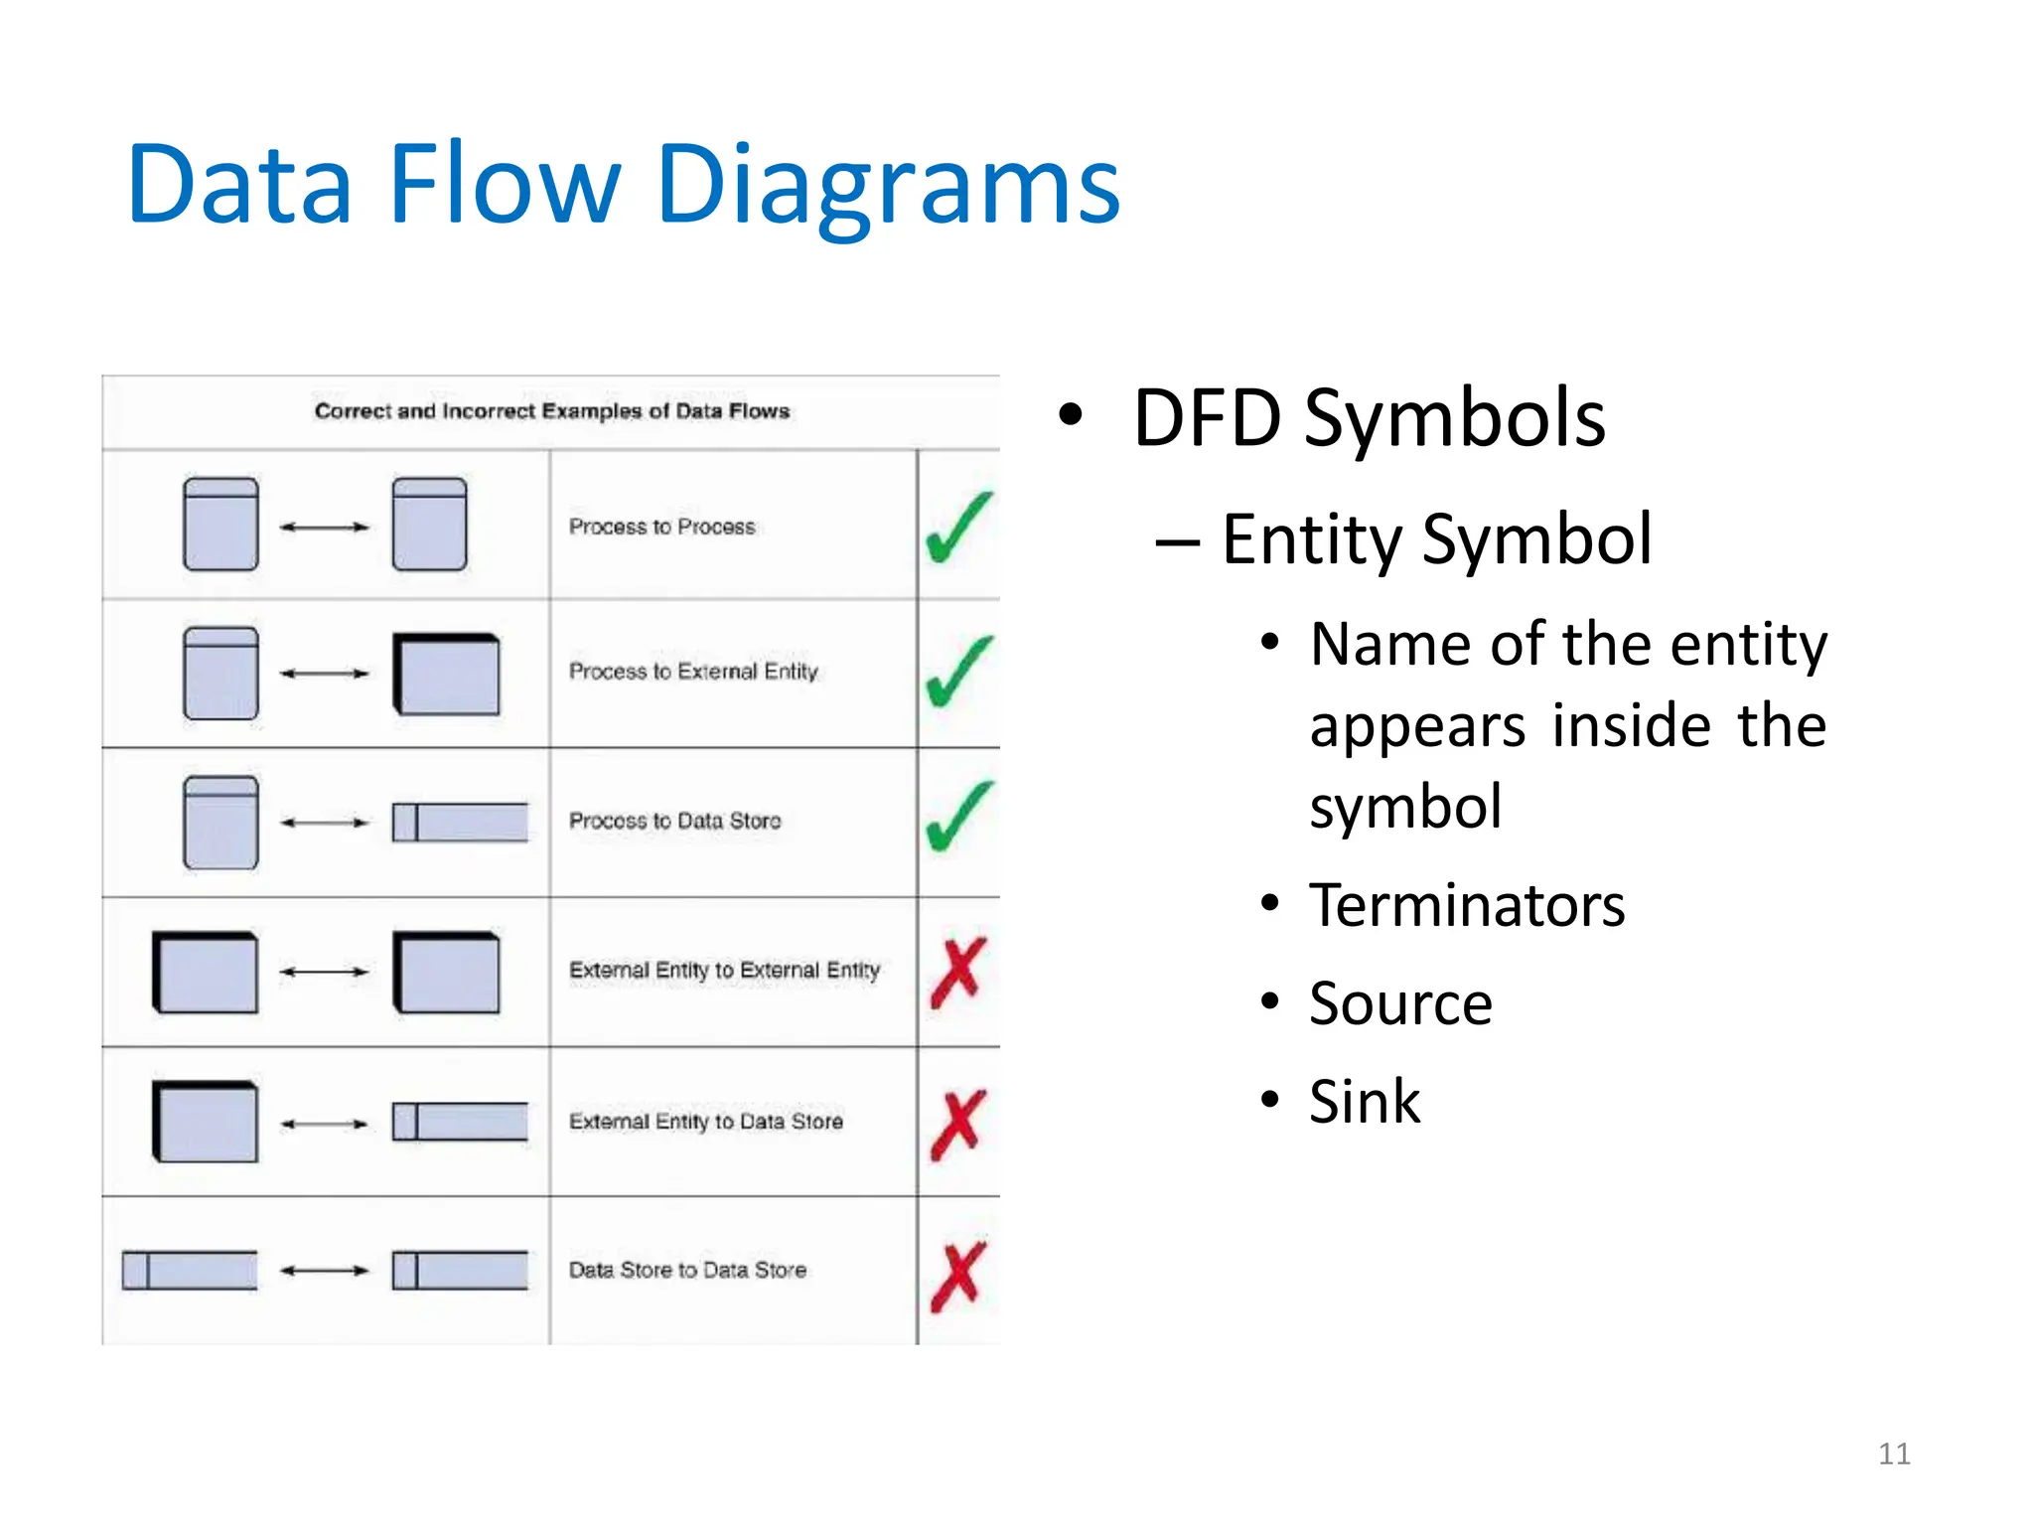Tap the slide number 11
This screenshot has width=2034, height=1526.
click(x=1894, y=1453)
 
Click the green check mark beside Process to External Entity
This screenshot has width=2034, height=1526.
click(x=958, y=672)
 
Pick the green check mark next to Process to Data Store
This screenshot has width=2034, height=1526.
click(x=958, y=817)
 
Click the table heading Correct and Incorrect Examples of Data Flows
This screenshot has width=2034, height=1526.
click(x=552, y=411)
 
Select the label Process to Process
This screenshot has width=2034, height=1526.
click(x=662, y=527)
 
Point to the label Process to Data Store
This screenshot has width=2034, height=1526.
click(x=675, y=821)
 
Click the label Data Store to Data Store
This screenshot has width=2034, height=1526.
click(x=687, y=1270)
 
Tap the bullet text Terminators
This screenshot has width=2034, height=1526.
click(x=1467, y=906)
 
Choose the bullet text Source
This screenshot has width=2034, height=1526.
click(x=1400, y=1003)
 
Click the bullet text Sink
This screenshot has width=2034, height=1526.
click(x=1365, y=1102)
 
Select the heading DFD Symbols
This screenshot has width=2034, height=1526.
click(x=1369, y=418)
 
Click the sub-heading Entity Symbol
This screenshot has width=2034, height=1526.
click(x=1436, y=539)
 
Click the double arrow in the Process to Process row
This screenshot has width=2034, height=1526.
click(x=325, y=528)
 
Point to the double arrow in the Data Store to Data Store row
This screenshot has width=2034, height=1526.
click(x=325, y=1271)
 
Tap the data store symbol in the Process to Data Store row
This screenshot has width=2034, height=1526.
click(x=460, y=823)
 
